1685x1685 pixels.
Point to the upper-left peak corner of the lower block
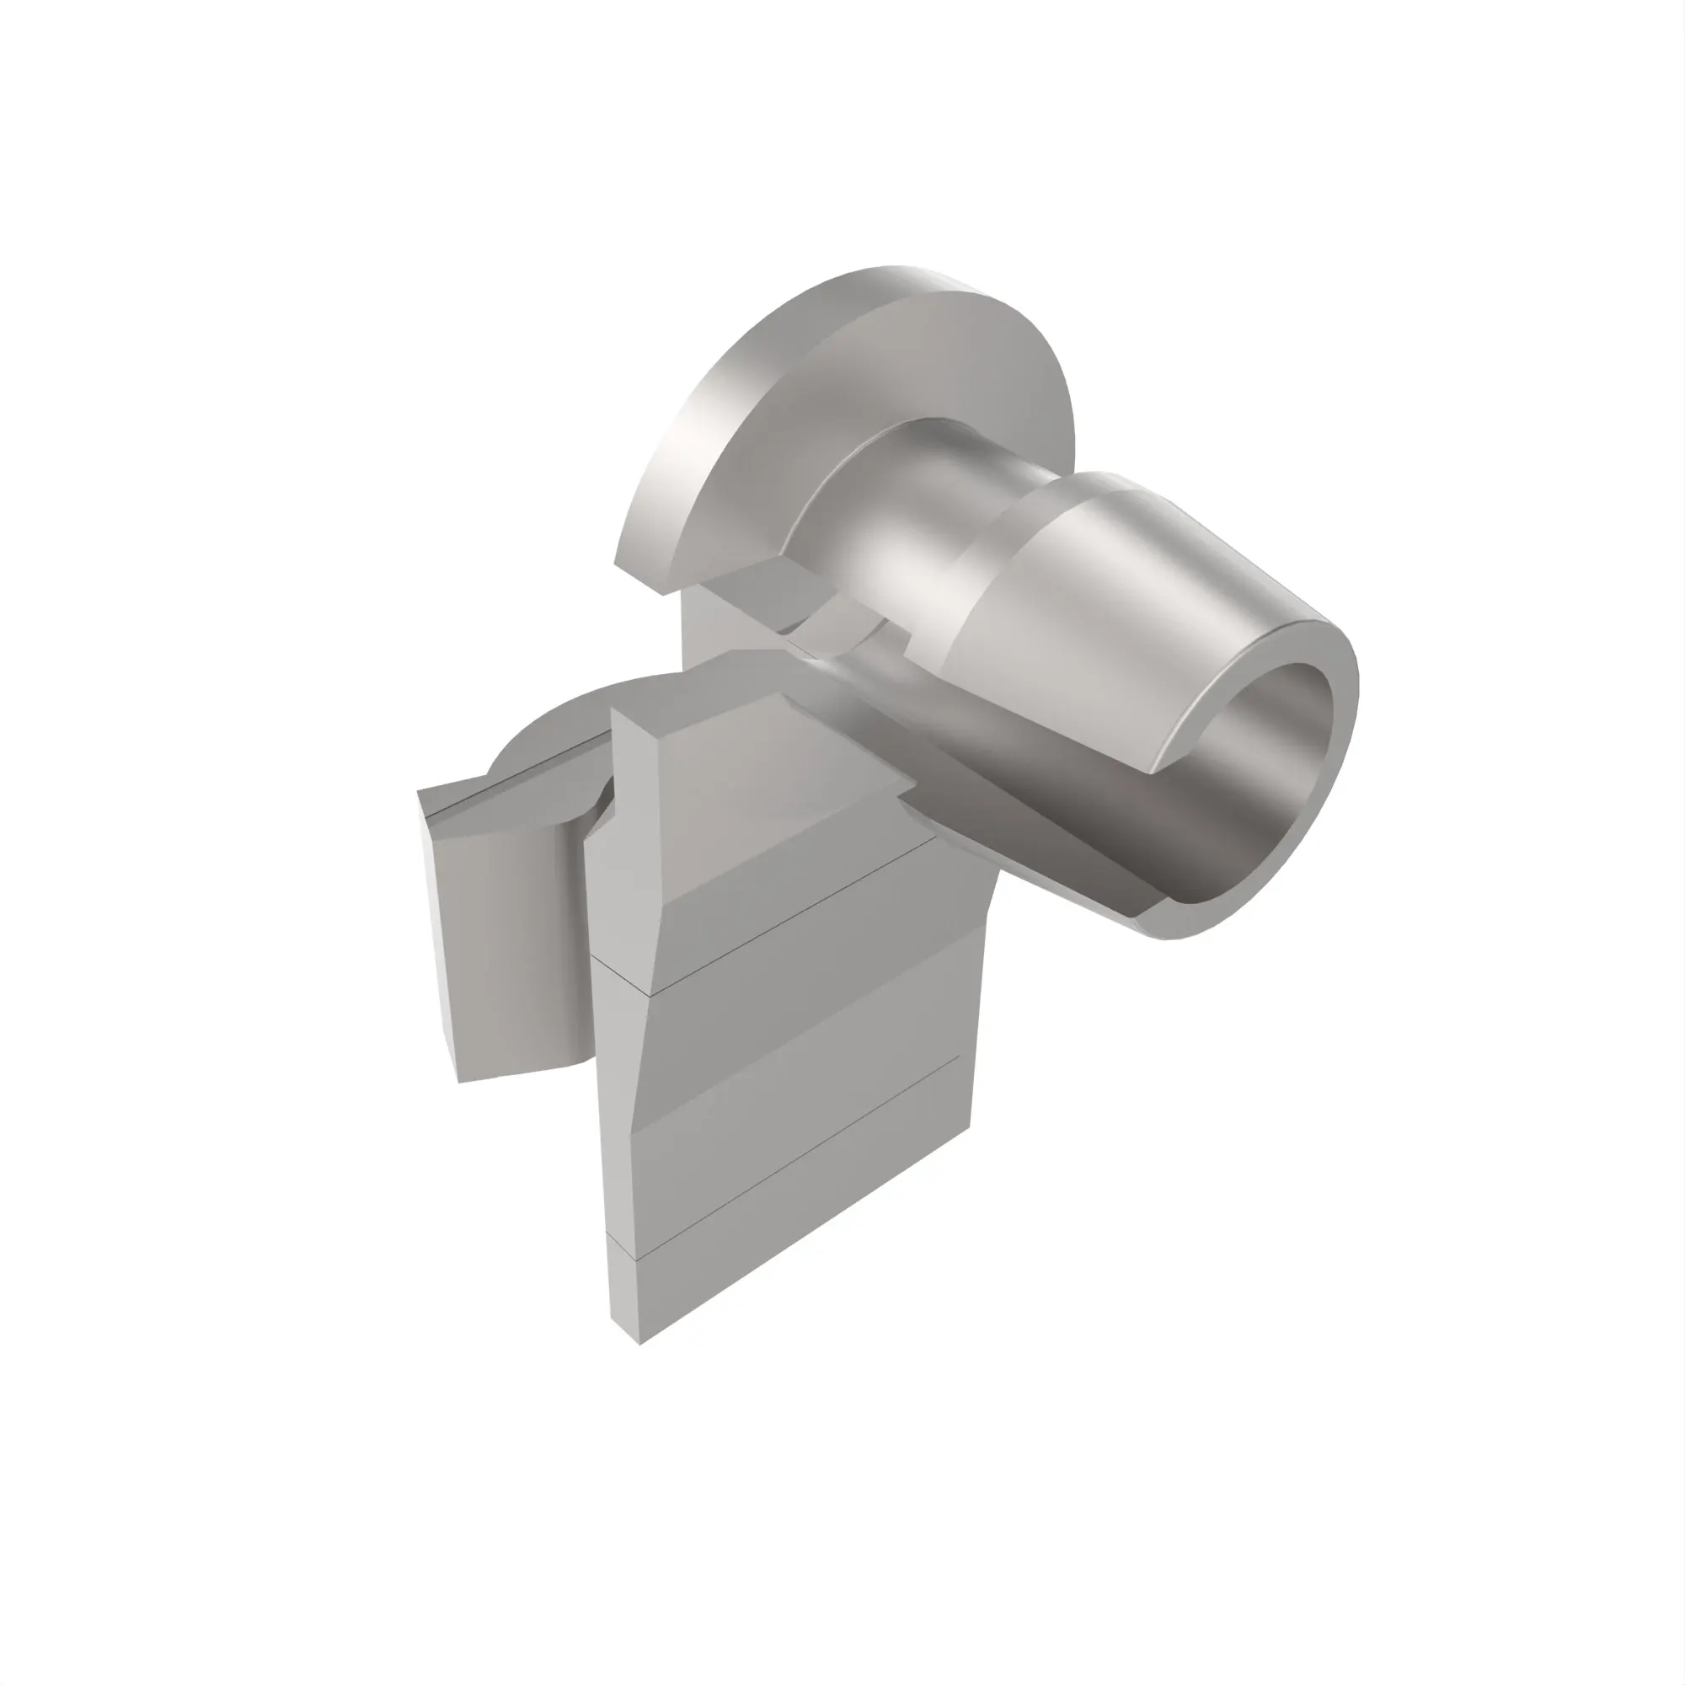(614, 711)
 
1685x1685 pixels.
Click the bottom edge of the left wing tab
(515, 1074)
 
